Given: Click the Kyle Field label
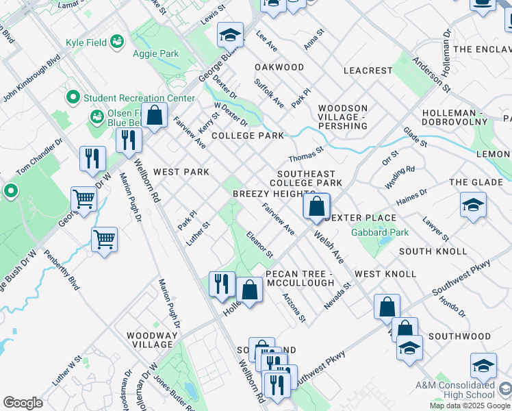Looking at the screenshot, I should point(86,42).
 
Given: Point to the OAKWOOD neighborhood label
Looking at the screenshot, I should point(279,67).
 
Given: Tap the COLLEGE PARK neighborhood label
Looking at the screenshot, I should point(247,136).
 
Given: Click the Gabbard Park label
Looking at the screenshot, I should point(380,232).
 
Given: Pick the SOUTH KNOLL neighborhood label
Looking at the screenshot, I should point(424,251).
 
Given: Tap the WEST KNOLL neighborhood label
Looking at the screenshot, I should point(385,274).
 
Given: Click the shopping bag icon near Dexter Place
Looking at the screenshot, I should point(316,207).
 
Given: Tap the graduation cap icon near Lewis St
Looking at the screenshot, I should point(231,34).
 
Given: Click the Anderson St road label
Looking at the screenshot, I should point(437,75).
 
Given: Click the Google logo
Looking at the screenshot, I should point(23,403).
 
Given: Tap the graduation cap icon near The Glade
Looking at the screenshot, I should point(473,206).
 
